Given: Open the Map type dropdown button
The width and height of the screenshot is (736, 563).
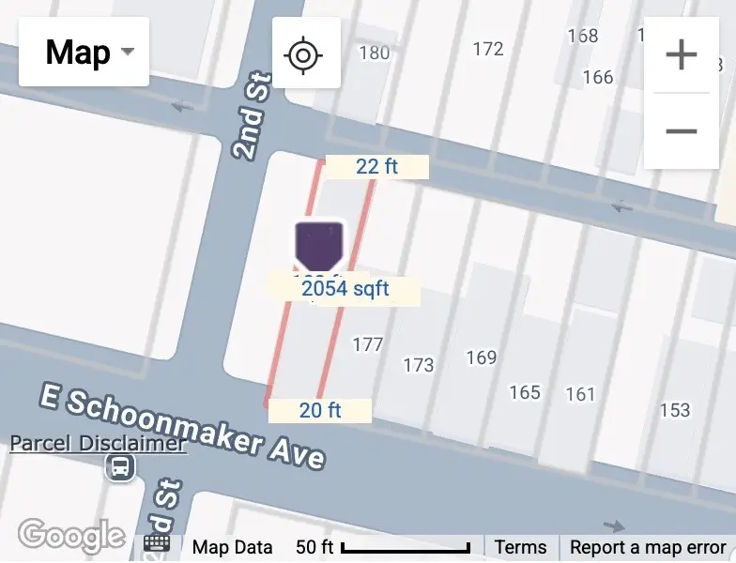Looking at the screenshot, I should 84,52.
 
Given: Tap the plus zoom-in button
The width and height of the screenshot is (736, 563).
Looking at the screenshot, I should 681,55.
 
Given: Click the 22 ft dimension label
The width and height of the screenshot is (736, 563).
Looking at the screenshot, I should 376,167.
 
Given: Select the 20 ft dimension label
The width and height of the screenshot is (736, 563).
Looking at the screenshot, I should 320,410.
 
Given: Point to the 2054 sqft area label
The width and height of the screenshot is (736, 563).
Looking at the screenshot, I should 345,289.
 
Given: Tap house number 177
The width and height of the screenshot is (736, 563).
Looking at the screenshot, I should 367,344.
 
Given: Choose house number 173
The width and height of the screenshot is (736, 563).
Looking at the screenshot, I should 418,364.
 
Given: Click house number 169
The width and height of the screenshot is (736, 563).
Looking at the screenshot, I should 481,358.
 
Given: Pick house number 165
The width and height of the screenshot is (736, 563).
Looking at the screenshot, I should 525,391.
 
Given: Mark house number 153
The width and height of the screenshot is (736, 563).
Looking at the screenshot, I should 674,410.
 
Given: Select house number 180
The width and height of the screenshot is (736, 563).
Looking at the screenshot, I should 374,53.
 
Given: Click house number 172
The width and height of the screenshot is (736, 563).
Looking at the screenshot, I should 487,49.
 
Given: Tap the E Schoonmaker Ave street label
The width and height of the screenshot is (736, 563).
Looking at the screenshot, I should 183,427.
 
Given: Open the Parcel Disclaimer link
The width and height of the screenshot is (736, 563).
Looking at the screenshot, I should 98,443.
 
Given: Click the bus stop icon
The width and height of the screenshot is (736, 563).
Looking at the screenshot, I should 120,466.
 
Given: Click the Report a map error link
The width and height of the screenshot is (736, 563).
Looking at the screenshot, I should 648,547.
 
